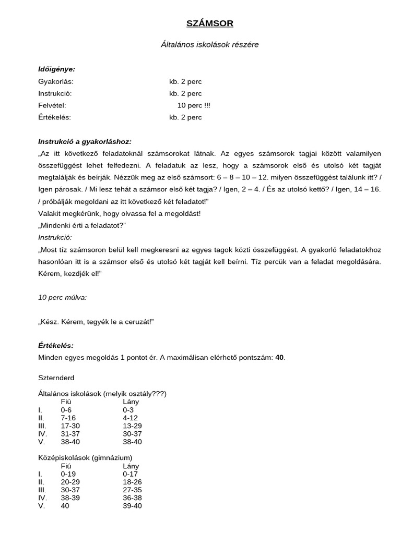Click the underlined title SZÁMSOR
pos(210,23)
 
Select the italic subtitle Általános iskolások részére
pos(209,45)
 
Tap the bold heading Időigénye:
pos(56,69)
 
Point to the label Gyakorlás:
pos(56,81)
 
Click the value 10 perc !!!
pos(194,105)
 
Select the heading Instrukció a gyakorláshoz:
pos(85,141)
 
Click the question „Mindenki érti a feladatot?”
pos(82,225)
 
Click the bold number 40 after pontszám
pos(279,358)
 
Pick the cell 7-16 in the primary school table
pos(68,418)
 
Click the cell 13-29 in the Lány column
pos(132,426)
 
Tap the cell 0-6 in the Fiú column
pos(66,410)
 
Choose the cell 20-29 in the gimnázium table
pos(70,482)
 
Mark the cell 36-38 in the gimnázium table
pos(132,498)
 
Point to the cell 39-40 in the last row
pos(132,506)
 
